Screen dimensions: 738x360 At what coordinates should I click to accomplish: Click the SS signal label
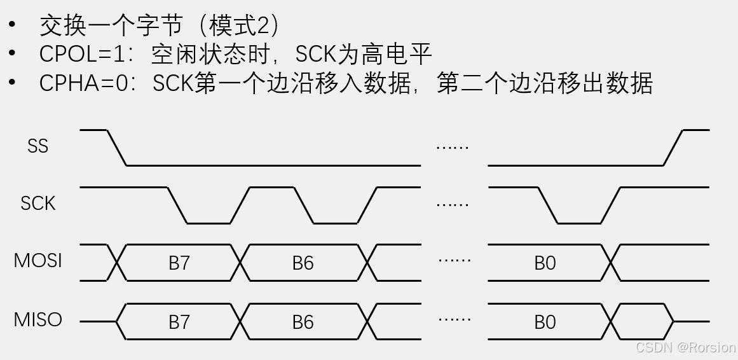pos(38,146)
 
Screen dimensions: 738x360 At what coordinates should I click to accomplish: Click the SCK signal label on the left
pos(38,204)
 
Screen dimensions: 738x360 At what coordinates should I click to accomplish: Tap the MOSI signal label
pos(38,261)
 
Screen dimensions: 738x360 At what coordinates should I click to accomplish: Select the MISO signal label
pos(38,319)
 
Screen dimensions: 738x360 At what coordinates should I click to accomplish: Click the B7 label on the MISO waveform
pos(179,322)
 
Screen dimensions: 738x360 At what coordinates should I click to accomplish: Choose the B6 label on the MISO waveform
pos(303,322)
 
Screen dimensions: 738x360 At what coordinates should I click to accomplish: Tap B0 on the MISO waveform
pos(545,322)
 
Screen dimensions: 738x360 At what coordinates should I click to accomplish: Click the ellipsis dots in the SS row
pos(453,148)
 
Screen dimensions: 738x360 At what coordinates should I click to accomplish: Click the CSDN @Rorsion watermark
pos(685,348)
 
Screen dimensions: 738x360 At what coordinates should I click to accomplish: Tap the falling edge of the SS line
pos(117,148)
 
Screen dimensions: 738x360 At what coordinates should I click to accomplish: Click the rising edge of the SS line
pos(673,148)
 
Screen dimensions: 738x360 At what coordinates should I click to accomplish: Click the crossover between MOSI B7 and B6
pos(242,262)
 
